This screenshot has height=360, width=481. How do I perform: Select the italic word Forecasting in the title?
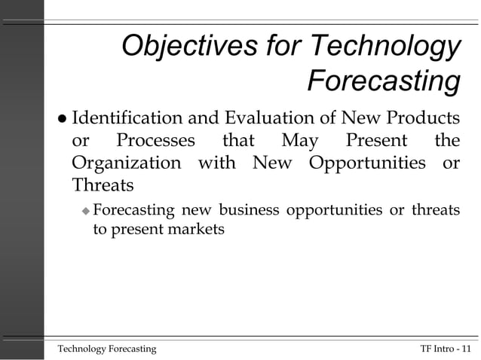(384, 81)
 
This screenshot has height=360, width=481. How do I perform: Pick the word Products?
(422, 118)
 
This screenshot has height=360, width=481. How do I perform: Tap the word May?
(299, 141)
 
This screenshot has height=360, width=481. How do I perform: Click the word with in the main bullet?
(217, 163)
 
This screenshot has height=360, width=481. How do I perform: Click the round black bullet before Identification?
(62, 119)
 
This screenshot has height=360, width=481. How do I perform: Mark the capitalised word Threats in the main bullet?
(102, 185)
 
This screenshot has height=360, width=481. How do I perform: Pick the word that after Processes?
(237, 141)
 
